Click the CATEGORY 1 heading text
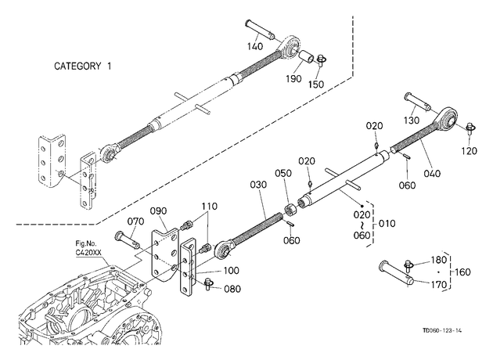pos(83,66)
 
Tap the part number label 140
pos(254,46)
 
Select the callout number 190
pos(293,78)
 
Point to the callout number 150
pos(315,85)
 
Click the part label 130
pos(412,120)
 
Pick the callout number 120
pos(469,151)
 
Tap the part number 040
pos(432,173)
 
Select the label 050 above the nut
pos(283,173)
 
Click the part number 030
pos(258,185)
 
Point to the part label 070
pos(136,221)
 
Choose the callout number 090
pos(158,211)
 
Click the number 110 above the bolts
pos(210,207)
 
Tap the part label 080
pos(232,289)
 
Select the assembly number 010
pos(387,224)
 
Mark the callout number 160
pos(462,272)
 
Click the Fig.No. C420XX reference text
pos(86,248)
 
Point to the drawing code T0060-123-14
pos(442,330)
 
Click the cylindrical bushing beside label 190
pos(306,56)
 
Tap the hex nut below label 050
pos(290,210)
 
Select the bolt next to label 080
pos(208,283)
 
